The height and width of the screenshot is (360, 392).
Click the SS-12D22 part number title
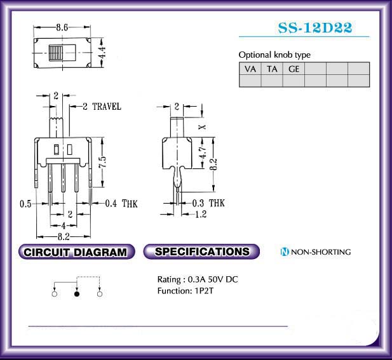click(x=315, y=28)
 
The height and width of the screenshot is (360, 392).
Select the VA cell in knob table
click(x=250, y=69)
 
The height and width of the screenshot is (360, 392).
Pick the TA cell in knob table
click(x=272, y=69)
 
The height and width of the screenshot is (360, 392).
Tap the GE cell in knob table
click(x=294, y=69)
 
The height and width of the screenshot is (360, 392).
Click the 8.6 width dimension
click(x=62, y=27)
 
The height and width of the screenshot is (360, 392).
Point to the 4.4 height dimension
click(x=102, y=52)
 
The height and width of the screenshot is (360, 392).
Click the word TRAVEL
click(x=107, y=107)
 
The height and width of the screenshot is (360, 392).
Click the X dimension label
click(x=202, y=127)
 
